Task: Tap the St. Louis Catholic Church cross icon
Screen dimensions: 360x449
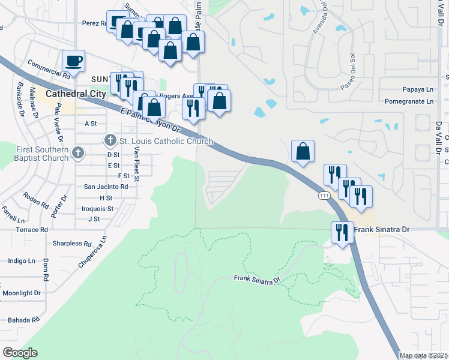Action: pyautogui.click(x=110, y=141)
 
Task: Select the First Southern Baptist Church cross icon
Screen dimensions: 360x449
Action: pyautogui.click(x=77, y=154)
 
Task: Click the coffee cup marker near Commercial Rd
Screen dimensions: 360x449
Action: pyautogui.click(x=73, y=60)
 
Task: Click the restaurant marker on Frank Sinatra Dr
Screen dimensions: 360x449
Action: pyautogui.click(x=342, y=232)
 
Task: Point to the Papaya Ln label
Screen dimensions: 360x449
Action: pyautogui.click(x=418, y=89)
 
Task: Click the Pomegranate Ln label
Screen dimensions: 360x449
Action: pyautogui.click(x=409, y=101)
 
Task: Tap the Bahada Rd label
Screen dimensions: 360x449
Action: pyautogui.click(x=20, y=320)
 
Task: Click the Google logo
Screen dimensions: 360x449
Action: pyautogui.click(x=20, y=353)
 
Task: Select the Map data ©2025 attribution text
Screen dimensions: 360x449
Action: pyautogui.click(x=423, y=356)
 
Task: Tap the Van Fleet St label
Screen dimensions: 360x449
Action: pyautogui.click(x=137, y=164)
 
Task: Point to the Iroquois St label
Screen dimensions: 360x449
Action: pyautogui.click(x=97, y=209)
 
